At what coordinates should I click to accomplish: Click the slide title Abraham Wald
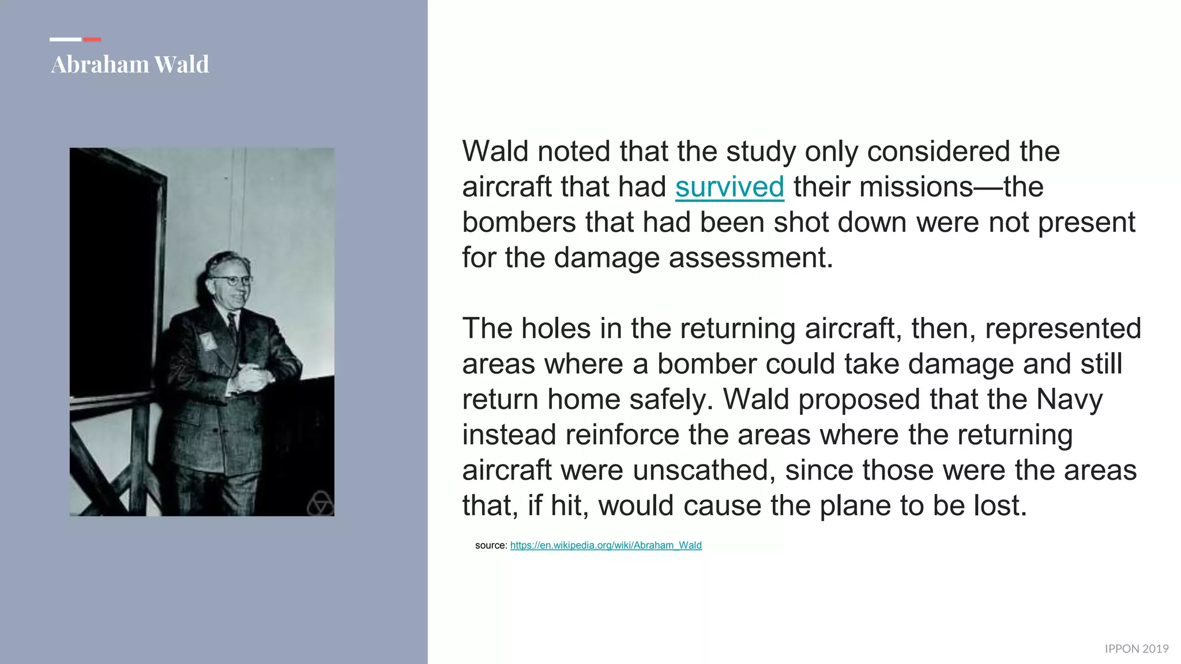point(130,64)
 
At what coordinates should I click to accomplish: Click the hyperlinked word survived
point(729,187)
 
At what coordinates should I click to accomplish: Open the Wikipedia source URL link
point(605,545)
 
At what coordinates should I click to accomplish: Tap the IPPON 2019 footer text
point(1136,649)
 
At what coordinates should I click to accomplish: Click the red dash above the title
point(92,39)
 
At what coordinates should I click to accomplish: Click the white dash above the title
point(65,39)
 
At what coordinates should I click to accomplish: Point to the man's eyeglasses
point(232,281)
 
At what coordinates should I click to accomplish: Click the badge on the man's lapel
point(206,341)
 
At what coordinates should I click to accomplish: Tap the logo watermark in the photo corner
point(319,504)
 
